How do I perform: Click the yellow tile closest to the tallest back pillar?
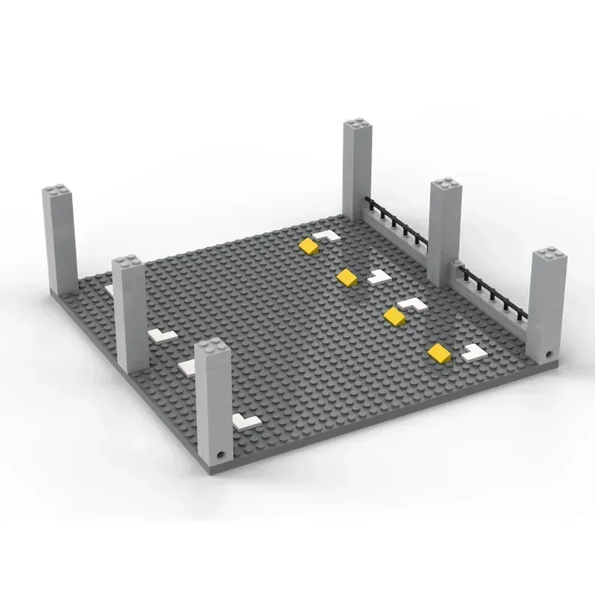[308, 246]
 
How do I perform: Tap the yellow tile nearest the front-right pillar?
[439, 352]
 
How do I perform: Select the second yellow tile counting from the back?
[346, 277]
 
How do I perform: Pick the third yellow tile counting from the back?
[393, 316]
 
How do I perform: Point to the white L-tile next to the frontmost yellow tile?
[472, 352]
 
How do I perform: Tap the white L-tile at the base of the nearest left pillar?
[245, 422]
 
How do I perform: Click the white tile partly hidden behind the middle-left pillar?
[185, 366]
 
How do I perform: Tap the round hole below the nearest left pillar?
[220, 452]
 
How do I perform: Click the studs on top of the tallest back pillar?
[358, 124]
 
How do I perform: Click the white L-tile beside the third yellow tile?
[410, 303]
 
